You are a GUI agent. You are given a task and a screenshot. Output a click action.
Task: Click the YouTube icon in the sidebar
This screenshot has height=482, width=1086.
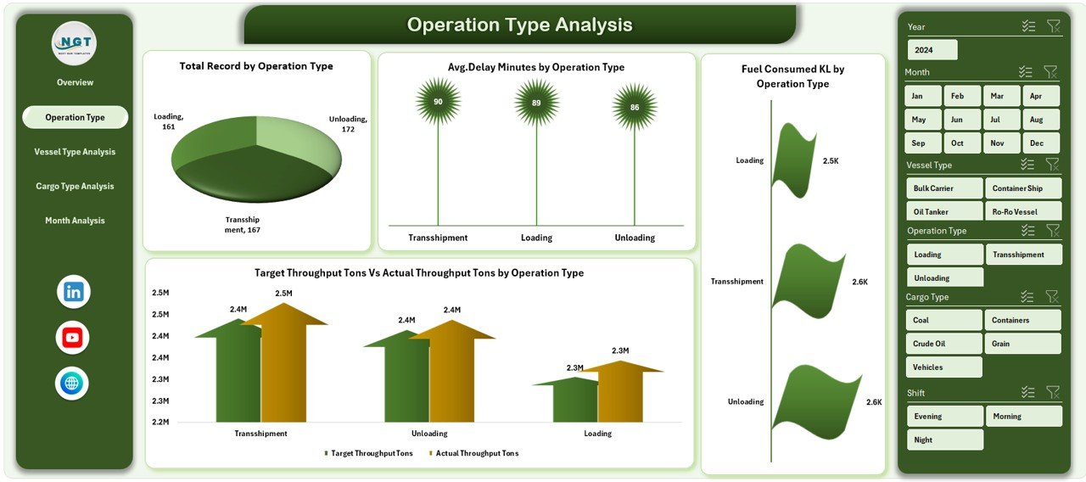coord(72,338)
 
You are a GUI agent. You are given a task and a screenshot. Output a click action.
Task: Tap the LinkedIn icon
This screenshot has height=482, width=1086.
coord(73,292)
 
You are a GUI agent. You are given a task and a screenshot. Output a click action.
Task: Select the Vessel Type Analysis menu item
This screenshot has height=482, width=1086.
coord(75,152)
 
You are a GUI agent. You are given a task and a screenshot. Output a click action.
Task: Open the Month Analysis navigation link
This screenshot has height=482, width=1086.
coord(75,221)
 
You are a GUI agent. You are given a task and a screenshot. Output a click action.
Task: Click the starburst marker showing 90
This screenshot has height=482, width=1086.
coord(438,102)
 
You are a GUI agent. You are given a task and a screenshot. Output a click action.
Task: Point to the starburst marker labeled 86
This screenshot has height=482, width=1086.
coord(635,107)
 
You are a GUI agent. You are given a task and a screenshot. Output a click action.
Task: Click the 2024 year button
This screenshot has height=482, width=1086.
coord(932,50)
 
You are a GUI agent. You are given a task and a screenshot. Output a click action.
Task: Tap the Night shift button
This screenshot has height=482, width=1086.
coord(944,440)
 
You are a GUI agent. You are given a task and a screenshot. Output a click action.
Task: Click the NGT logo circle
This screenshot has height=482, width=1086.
coord(74,43)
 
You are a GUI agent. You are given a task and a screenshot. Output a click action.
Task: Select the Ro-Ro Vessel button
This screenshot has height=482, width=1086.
coord(1023,211)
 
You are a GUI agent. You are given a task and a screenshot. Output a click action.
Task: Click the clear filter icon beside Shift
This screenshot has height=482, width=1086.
coord(1053,392)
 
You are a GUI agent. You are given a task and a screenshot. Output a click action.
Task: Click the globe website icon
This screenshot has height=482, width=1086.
coord(72,384)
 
